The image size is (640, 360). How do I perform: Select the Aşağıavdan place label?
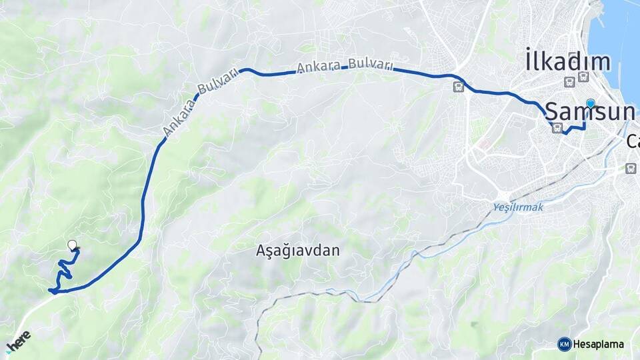(x=298, y=251)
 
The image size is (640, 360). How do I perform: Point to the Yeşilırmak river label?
(x=519, y=208)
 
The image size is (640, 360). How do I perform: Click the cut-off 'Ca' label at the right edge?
(x=633, y=141)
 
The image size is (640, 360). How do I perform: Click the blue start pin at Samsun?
(x=590, y=103)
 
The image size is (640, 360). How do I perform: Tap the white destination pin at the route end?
(x=72, y=245)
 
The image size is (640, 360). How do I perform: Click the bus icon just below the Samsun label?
(x=557, y=128)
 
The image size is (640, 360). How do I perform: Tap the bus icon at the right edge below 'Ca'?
(x=631, y=169)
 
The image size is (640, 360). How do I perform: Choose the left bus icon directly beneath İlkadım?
(x=569, y=82)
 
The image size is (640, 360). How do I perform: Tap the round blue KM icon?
(x=564, y=344)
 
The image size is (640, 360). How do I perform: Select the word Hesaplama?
(x=599, y=345)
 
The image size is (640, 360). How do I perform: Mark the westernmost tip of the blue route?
(x=51, y=290)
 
